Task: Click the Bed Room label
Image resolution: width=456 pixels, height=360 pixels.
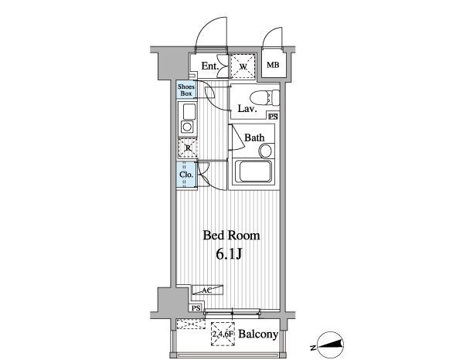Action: [x=231, y=236]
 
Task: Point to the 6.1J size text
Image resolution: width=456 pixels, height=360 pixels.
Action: [x=230, y=254]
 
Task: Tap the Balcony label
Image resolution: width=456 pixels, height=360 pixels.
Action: [x=258, y=335]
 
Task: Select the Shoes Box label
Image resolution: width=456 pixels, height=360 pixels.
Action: [x=186, y=90]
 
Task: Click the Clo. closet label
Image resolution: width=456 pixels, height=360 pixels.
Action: [x=186, y=175]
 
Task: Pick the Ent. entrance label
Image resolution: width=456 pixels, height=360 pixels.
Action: [x=210, y=66]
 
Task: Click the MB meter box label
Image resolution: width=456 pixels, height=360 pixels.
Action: [x=273, y=65]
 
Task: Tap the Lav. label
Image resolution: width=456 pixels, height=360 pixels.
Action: [x=247, y=109]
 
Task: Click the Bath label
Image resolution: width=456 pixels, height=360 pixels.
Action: [x=254, y=138]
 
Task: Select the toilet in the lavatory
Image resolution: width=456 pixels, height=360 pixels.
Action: [x=264, y=98]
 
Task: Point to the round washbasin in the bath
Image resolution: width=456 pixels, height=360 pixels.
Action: [x=266, y=151]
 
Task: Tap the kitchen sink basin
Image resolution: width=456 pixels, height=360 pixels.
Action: [x=189, y=112]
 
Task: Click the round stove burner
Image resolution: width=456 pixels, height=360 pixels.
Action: [x=187, y=127]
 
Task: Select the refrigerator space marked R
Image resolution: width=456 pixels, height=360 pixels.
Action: [x=188, y=148]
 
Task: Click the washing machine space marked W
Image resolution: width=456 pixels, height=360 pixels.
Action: [x=243, y=66]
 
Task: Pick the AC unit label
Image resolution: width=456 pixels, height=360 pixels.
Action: [x=207, y=290]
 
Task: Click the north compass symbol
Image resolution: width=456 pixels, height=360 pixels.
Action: [x=330, y=345]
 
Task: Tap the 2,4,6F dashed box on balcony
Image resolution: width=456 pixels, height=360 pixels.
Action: [x=223, y=334]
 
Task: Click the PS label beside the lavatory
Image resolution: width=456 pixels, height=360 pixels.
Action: [x=273, y=117]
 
